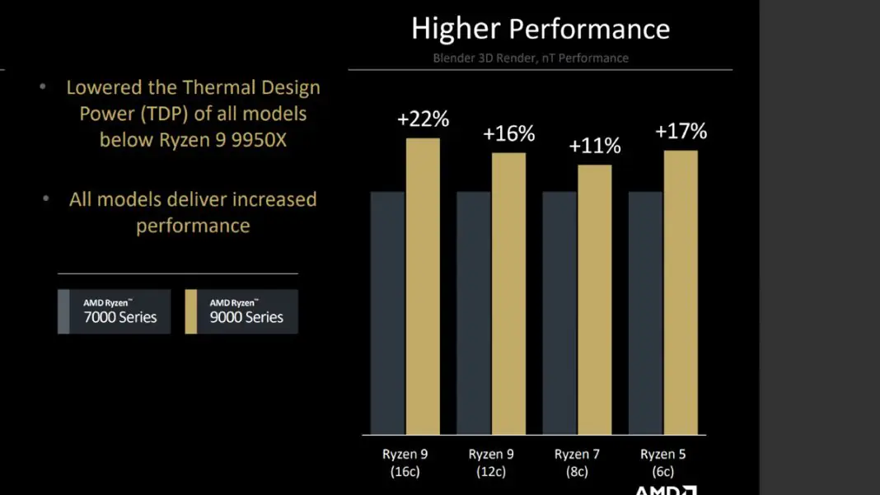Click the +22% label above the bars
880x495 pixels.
423,119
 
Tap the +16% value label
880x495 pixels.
509,133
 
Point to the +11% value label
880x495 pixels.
595,147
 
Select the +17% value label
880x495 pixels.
681,132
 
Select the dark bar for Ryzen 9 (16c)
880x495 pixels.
387,313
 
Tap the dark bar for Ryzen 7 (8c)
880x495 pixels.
559,313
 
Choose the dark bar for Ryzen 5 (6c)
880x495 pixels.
645,313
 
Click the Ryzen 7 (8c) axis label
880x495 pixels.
577,463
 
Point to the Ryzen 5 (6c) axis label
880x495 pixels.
662,463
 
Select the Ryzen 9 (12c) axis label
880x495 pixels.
491,463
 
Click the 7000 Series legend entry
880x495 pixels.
115,311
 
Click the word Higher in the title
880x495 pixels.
456,30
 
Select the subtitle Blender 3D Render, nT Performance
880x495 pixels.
531,58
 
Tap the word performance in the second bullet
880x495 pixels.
193,226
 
